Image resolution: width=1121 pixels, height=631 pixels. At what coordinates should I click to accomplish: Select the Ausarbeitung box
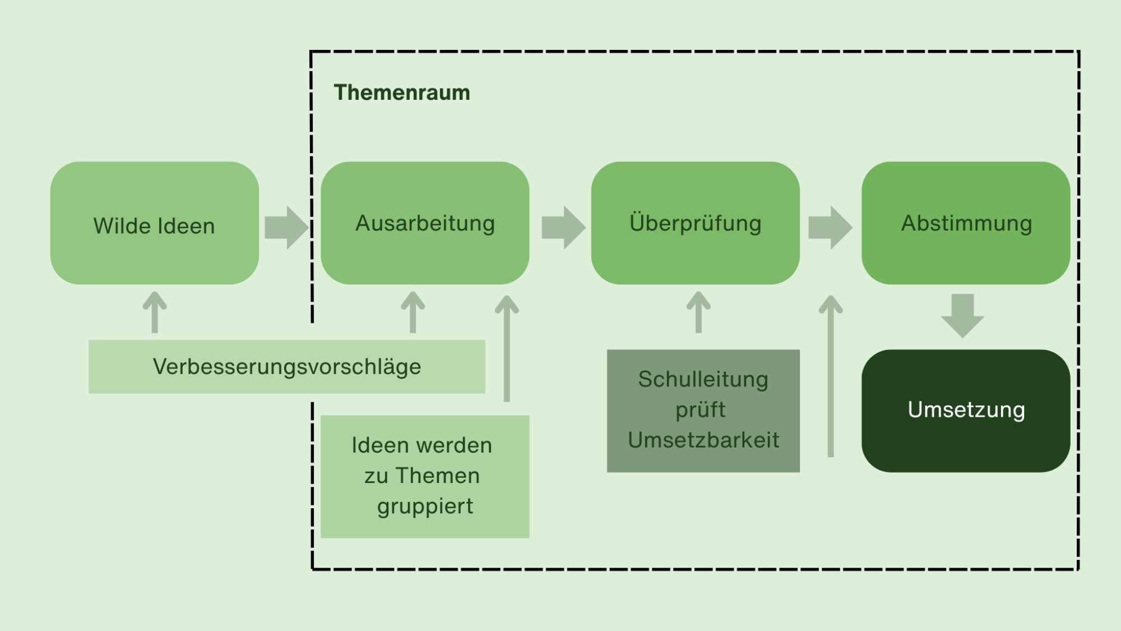pyautogui.click(x=425, y=223)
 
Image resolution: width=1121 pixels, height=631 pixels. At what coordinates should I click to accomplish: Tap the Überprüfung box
pyautogui.click(x=695, y=223)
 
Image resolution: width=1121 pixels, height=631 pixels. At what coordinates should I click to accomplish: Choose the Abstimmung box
pyautogui.click(x=966, y=223)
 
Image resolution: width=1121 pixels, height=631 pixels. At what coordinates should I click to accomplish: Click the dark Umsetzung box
pyautogui.click(x=966, y=411)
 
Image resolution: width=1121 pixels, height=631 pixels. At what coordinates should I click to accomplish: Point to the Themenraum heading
pyautogui.click(x=402, y=93)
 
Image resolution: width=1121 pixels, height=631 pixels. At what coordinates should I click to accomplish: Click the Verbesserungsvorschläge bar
pyautogui.click(x=286, y=367)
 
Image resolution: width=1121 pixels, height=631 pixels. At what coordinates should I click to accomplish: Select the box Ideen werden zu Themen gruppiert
pyautogui.click(x=425, y=476)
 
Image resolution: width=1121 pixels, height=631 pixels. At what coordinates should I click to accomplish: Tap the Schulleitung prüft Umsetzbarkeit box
pyautogui.click(x=703, y=411)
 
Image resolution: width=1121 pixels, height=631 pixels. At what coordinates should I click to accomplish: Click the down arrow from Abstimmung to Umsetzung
pyautogui.click(x=962, y=315)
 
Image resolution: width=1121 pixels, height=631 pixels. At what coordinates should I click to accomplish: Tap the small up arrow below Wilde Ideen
pyautogui.click(x=155, y=312)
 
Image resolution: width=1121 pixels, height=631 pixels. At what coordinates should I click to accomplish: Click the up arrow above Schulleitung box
pyautogui.click(x=698, y=312)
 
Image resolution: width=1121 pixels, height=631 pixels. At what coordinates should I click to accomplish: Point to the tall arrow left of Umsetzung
pyautogui.click(x=831, y=376)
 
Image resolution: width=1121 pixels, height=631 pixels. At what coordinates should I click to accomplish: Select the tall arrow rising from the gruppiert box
pyautogui.click(x=507, y=348)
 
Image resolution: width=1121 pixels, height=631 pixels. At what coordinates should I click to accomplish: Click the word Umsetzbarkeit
pyautogui.click(x=703, y=440)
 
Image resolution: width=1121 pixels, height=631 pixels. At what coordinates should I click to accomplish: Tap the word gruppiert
pyautogui.click(x=425, y=506)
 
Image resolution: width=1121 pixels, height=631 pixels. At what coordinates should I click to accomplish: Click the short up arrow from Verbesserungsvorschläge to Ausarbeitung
pyautogui.click(x=413, y=312)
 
